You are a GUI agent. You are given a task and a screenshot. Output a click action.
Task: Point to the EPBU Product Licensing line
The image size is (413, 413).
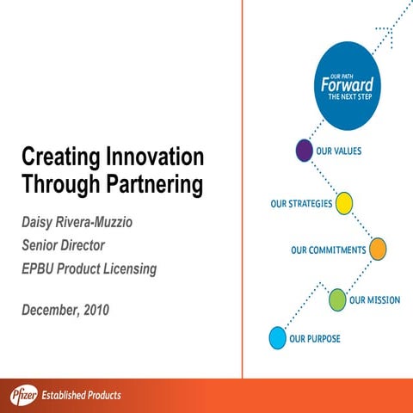coord(89,268)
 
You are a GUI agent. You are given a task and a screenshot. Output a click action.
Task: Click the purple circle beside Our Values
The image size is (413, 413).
coord(303,151)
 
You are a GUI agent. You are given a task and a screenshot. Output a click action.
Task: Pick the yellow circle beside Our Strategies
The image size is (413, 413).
coord(344,203)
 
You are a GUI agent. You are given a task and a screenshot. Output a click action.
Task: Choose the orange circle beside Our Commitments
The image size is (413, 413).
coord(377,250)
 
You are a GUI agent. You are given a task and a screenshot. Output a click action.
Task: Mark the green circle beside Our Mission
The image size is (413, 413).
coord(336,299)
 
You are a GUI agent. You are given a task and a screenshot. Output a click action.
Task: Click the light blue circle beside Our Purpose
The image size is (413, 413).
coord(277,338)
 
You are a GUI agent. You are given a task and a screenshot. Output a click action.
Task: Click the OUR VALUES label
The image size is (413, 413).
coord(338,151)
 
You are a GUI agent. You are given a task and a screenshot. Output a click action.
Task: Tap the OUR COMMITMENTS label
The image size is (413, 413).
coord(327,250)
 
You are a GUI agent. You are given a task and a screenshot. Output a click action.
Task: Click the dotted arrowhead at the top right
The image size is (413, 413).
coord(385,34)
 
